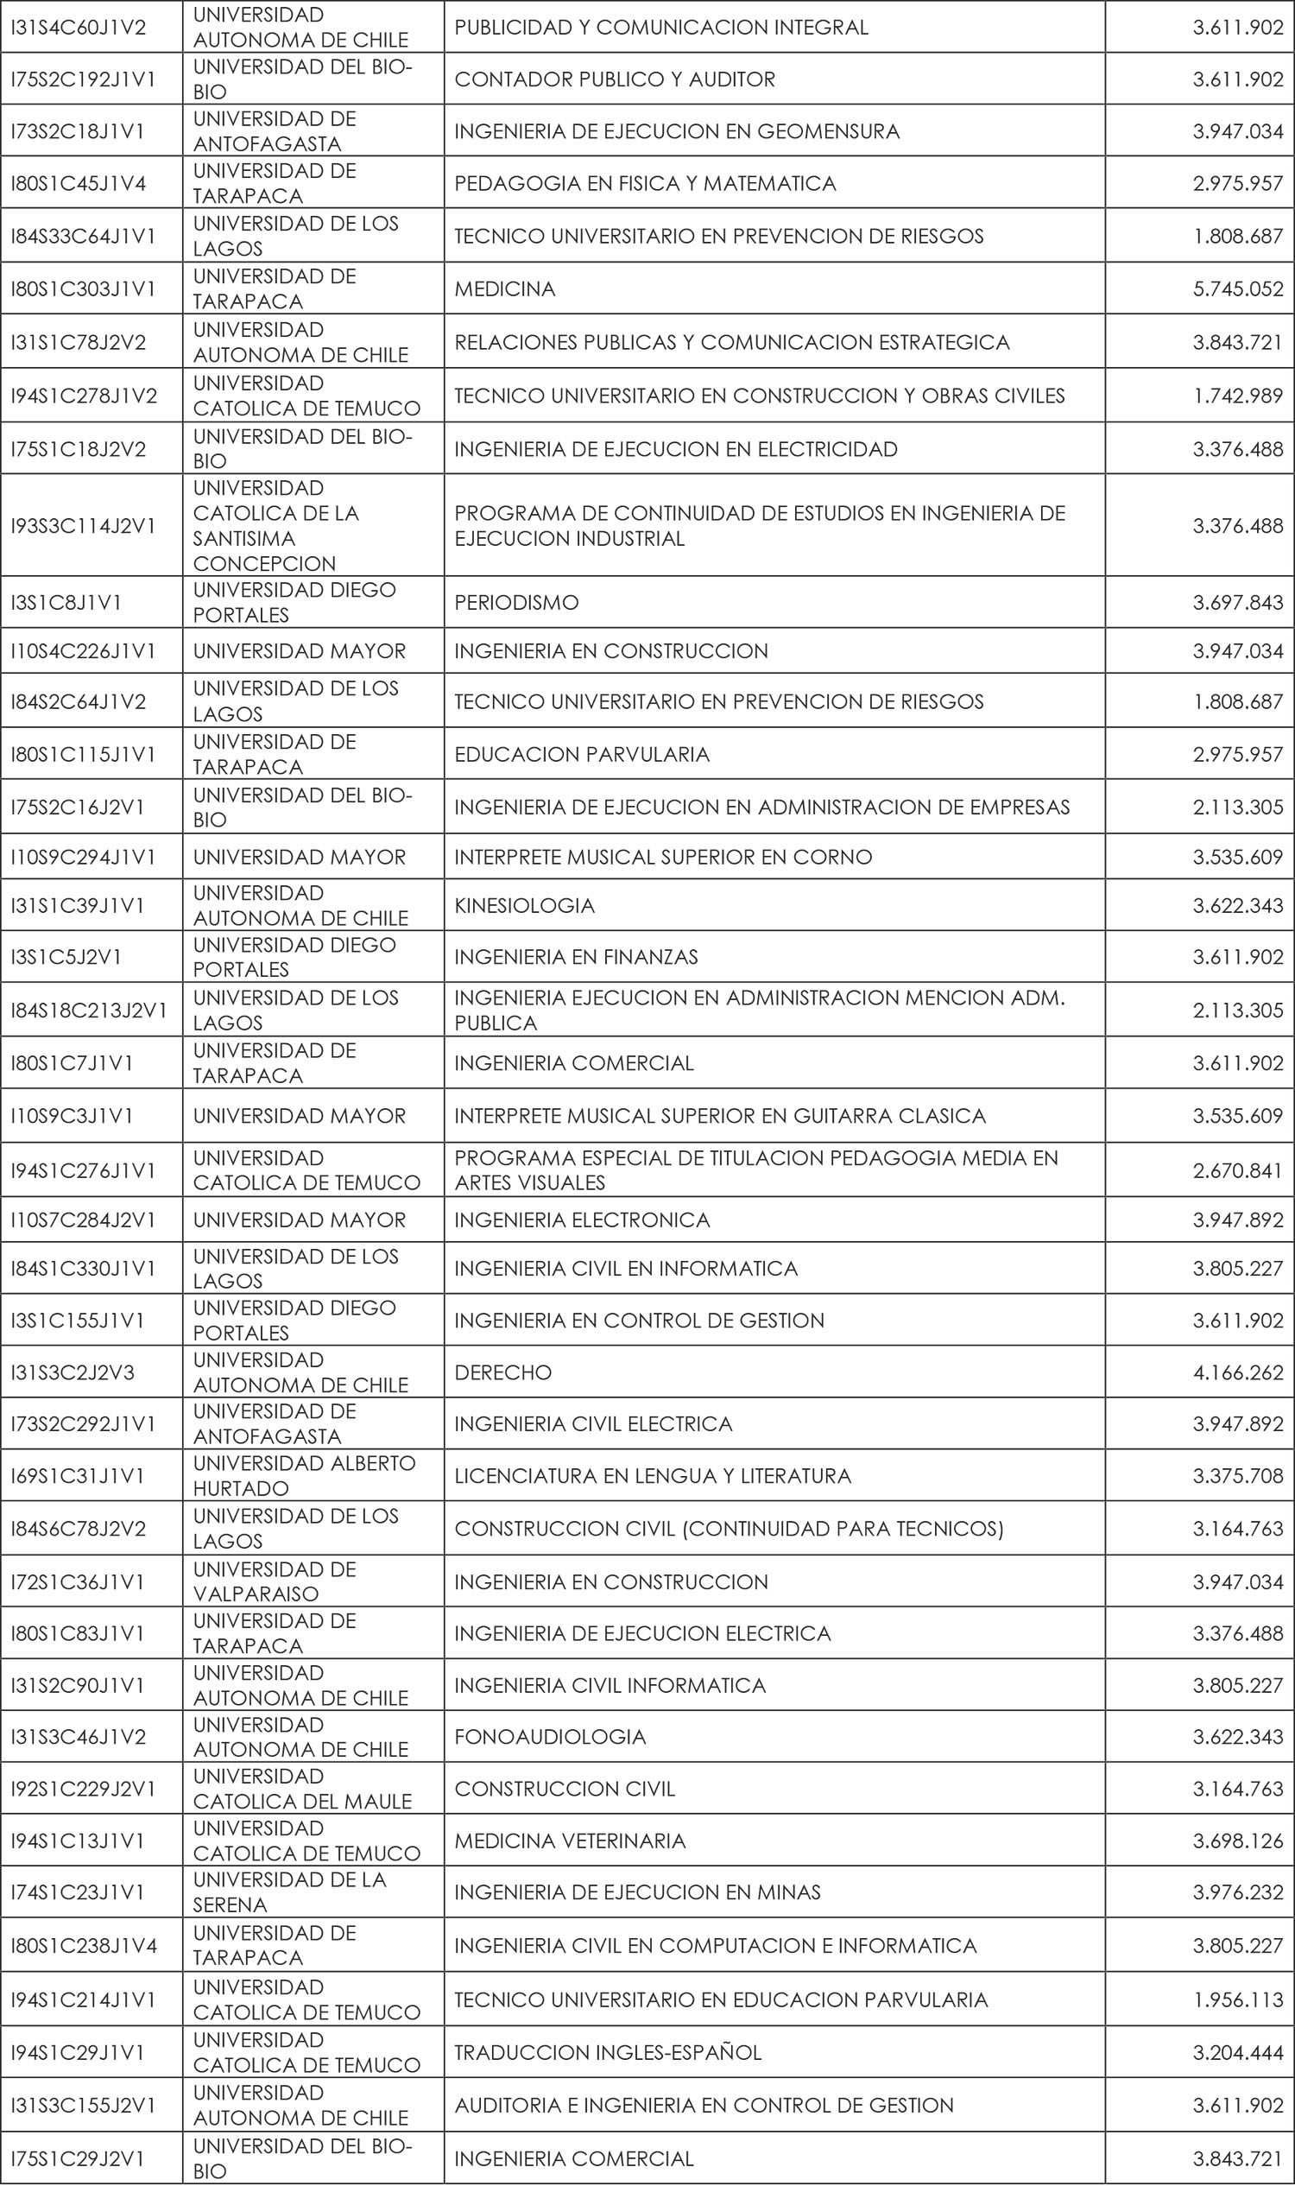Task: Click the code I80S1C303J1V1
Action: [x=78, y=289]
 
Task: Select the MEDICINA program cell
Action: [x=504, y=289]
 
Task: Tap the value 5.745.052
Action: [x=1237, y=289]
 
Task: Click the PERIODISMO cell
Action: [x=515, y=602]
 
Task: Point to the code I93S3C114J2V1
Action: [x=83, y=525]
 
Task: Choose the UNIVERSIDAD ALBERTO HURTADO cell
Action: [x=304, y=1475]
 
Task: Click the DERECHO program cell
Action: [x=502, y=1372]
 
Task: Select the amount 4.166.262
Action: [x=1237, y=1372]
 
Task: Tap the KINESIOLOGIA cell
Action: [x=523, y=905]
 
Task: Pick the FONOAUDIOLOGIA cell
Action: [x=550, y=1736]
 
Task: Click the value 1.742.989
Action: [x=1237, y=396]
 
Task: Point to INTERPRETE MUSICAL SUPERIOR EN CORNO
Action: [x=662, y=858]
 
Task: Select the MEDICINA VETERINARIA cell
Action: [x=570, y=1841]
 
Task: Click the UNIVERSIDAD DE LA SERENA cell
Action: [x=289, y=1891]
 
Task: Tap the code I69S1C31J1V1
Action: [x=78, y=1475]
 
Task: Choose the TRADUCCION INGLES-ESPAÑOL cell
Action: [x=608, y=2052]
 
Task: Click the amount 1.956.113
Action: [x=1237, y=2000]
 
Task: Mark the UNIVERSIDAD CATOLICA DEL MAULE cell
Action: [x=302, y=1789]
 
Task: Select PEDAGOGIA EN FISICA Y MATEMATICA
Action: [x=645, y=183]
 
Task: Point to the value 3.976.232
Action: [x=1237, y=1891]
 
